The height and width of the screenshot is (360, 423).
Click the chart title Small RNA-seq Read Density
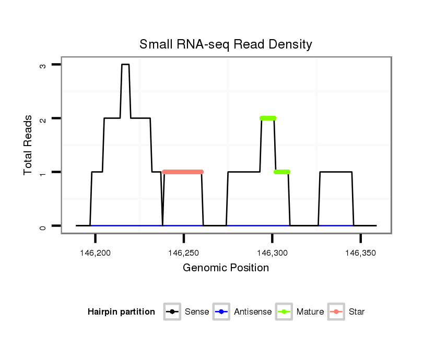click(x=226, y=44)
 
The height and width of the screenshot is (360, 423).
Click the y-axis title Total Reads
click(x=28, y=145)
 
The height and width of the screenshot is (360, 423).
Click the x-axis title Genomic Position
click(x=226, y=268)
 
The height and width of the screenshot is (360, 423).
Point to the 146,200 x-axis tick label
click(x=95, y=253)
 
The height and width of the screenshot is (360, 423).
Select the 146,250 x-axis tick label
click(x=184, y=253)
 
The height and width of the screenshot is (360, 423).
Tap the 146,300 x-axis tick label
click(x=272, y=253)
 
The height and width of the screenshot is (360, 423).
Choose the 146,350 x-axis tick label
click(x=361, y=253)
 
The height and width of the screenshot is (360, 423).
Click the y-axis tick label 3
click(x=42, y=65)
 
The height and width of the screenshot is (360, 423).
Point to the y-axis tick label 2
click(x=42, y=119)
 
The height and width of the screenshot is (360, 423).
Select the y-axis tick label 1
click(x=42, y=173)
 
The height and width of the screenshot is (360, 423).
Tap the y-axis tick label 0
click(x=42, y=226)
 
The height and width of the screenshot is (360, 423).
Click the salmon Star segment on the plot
click(x=183, y=172)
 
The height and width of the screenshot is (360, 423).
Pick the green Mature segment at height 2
click(x=268, y=118)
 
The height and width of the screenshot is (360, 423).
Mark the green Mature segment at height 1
click(x=282, y=172)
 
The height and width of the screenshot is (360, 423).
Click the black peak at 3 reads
click(x=125, y=64)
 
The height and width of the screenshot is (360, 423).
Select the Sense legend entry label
click(x=197, y=312)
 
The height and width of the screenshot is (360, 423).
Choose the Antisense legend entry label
click(x=253, y=312)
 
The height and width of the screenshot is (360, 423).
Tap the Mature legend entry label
click(x=310, y=312)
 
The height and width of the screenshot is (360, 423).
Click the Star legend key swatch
click(x=336, y=312)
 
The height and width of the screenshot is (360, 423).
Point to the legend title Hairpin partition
click(x=121, y=312)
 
